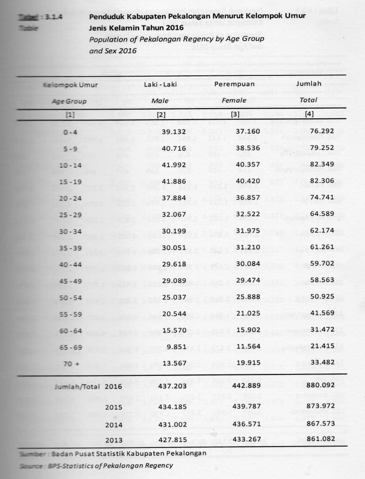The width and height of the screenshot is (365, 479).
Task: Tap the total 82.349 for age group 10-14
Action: pyautogui.click(x=322, y=164)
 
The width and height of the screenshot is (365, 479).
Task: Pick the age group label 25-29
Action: pyautogui.click(x=70, y=214)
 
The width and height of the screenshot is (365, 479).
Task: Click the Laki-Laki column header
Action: pyautogui.click(x=160, y=84)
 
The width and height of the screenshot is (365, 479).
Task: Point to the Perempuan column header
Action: pyautogui.click(x=235, y=84)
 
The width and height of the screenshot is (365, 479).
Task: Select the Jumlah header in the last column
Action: pyautogui.click(x=309, y=84)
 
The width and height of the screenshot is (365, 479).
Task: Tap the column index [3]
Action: pyautogui.click(x=235, y=115)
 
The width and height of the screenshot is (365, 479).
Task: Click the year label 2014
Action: pyautogui.click(x=114, y=425)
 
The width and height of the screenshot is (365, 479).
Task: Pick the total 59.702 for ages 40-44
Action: pyautogui.click(x=322, y=263)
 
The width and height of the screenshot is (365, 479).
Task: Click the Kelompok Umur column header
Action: pyautogui.click(x=70, y=84)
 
